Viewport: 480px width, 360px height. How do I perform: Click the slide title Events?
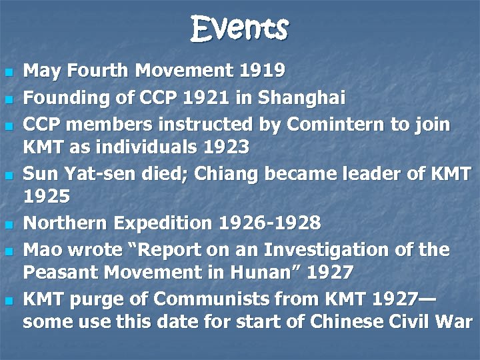tap(239, 29)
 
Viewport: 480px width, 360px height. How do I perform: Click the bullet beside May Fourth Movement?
tap(9, 71)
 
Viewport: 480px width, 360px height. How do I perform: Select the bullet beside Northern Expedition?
tap(9, 224)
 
